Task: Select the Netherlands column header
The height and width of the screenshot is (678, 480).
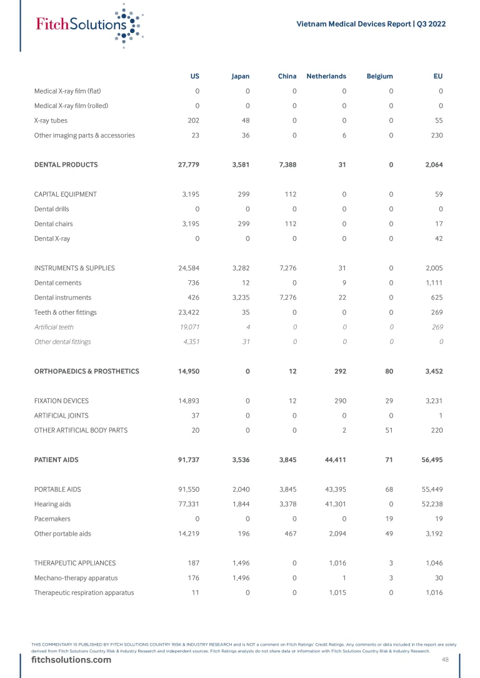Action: (326, 76)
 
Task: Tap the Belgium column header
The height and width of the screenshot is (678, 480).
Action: (380, 76)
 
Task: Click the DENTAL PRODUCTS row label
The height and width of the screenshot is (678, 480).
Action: (66, 165)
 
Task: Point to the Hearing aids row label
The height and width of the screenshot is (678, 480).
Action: (52, 504)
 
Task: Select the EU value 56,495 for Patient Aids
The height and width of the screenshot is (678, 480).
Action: (431, 459)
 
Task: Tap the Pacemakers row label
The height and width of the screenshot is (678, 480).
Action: (52, 519)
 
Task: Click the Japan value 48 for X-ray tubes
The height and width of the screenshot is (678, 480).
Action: (244, 120)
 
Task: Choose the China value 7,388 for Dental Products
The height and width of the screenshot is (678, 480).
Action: (287, 165)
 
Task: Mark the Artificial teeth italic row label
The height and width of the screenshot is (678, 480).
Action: (54, 327)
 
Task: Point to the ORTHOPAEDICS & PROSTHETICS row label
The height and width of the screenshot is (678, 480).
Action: (86, 371)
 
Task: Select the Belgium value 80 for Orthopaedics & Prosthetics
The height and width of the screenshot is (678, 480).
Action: (389, 371)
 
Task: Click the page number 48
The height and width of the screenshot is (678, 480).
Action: (445, 660)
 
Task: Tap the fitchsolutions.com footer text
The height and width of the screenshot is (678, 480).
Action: (71, 660)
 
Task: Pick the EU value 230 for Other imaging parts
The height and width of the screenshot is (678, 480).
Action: (436, 135)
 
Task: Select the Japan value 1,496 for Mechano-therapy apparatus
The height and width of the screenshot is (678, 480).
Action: (240, 577)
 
